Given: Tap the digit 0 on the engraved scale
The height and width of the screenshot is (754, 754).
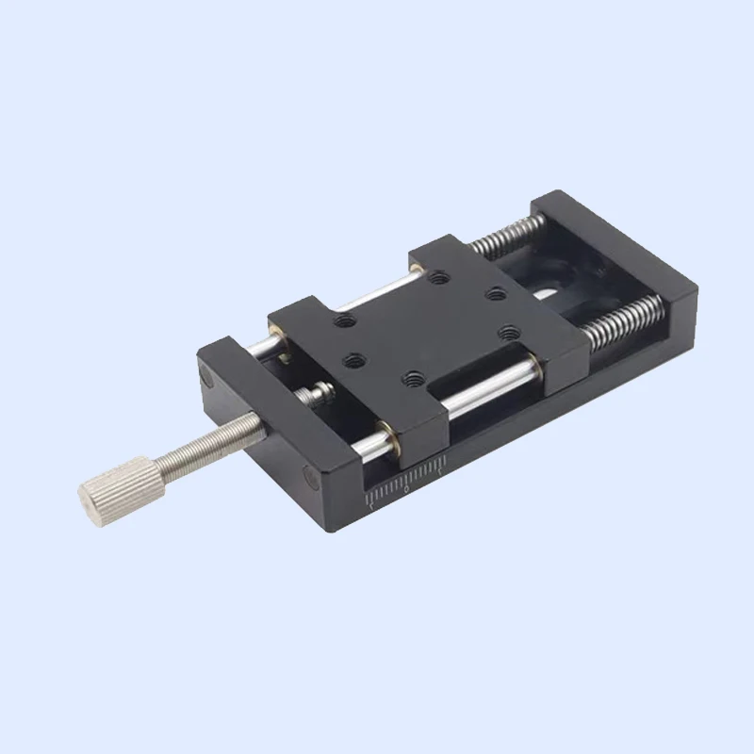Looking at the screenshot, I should [x=406, y=491].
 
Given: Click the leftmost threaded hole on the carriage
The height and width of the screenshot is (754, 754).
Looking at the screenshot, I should [x=341, y=320].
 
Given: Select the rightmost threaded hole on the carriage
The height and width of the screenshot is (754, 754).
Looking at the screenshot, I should [x=510, y=332].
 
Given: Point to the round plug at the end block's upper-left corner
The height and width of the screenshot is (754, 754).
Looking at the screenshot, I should [x=207, y=380].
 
